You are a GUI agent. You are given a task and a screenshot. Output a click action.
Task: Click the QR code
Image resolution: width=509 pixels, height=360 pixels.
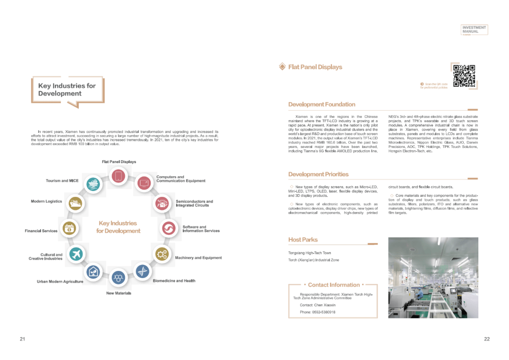coord(464,75)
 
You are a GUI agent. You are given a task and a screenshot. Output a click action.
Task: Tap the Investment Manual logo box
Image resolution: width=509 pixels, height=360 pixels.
coord(474,30)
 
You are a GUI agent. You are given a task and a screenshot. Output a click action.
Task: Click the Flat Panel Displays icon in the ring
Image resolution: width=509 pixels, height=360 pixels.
coord(118,176)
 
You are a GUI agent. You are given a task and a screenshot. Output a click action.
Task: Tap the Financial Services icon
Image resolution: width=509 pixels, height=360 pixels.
coord(70,229)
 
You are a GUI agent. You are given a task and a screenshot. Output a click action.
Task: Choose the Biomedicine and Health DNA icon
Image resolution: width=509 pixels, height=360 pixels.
coord(143,271)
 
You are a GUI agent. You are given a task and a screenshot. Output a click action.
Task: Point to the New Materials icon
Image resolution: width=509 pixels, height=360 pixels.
coord(117,278)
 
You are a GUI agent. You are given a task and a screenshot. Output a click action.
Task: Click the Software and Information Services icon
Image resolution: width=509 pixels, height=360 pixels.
coord(168,229)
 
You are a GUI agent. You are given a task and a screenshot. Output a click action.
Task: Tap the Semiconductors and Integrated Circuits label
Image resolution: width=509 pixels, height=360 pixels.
coord(194,204)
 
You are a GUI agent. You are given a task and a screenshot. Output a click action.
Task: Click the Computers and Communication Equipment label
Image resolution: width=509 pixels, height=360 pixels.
coord(181,179)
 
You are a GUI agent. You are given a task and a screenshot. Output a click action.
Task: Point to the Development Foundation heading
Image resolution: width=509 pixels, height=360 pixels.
coord(321,105)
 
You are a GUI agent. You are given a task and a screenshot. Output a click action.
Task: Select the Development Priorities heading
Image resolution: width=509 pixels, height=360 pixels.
coord(318,174)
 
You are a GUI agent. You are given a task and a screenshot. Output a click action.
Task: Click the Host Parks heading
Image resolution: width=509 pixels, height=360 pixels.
coord(303,240)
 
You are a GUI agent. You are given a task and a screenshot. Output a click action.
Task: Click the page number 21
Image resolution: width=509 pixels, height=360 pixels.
coord(22,339)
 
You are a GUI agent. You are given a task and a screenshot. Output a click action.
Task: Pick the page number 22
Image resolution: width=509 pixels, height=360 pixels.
coord(487,339)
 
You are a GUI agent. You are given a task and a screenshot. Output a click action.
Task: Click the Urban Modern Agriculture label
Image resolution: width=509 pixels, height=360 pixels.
coord(60,282)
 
